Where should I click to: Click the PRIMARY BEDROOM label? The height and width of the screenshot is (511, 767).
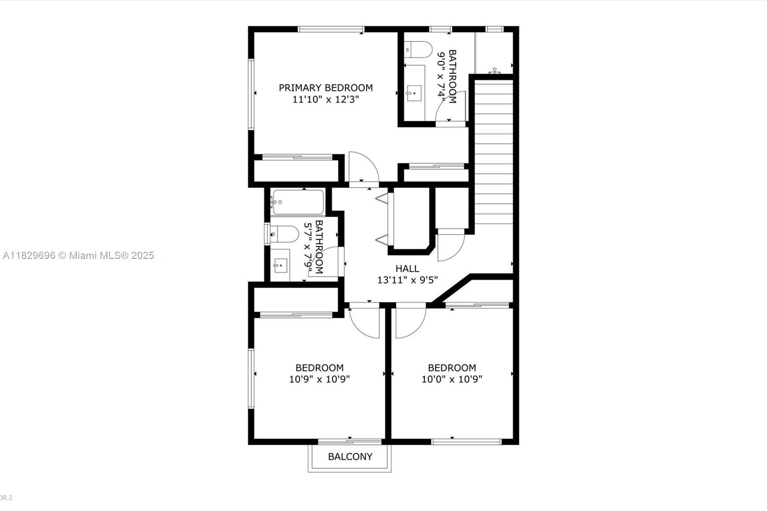click(x=325, y=88)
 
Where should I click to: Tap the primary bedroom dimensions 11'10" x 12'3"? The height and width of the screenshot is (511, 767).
click(x=325, y=100)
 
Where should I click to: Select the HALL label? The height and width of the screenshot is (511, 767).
click(x=407, y=268)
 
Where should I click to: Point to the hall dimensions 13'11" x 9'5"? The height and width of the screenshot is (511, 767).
click(x=407, y=280)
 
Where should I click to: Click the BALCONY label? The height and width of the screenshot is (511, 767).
click(x=350, y=456)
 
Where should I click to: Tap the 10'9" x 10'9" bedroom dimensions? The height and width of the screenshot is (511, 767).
click(x=319, y=380)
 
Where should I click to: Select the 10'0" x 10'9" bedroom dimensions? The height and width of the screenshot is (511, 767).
click(x=452, y=380)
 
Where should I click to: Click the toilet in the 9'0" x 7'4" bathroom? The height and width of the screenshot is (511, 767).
click(x=418, y=50)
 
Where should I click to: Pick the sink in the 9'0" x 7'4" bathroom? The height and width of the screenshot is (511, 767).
click(x=414, y=93)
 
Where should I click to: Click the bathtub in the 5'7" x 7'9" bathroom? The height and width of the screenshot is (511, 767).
click(x=298, y=202)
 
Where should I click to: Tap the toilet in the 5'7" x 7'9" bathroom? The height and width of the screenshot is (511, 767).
click(x=284, y=234)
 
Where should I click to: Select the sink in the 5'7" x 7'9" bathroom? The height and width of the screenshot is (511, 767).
click(x=280, y=265)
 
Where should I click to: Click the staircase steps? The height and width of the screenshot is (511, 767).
click(x=493, y=152)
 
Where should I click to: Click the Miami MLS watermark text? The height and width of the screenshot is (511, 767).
click(x=79, y=255)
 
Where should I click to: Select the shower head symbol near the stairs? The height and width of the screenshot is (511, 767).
click(x=494, y=70)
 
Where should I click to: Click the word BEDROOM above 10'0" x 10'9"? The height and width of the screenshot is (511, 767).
click(x=452, y=368)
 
